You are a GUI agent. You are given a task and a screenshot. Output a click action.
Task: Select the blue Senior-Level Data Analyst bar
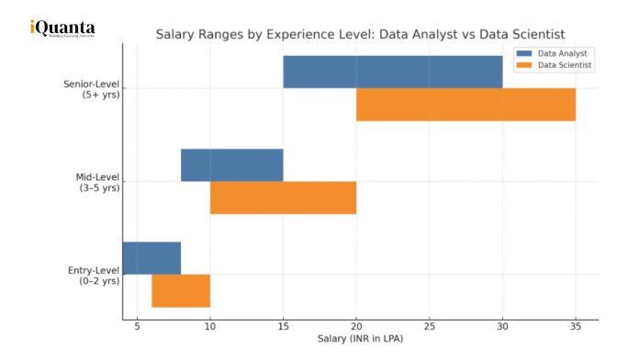point(392,72)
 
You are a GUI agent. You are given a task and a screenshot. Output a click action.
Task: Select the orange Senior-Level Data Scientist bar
point(465,105)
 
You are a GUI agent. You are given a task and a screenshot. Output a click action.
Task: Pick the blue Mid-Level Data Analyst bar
point(231,165)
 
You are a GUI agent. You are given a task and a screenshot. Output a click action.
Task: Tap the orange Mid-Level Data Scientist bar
point(283,197)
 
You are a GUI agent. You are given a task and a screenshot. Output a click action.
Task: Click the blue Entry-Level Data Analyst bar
point(151,258)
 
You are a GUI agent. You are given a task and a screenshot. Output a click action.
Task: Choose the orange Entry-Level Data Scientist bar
point(181,291)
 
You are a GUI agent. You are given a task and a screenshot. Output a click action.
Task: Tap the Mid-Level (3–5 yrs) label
point(96,182)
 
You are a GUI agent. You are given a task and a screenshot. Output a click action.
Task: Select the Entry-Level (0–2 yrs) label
point(94,275)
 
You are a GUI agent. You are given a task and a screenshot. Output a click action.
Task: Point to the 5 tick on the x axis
point(137,327)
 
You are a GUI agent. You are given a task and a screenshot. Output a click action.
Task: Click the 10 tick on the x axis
point(210,327)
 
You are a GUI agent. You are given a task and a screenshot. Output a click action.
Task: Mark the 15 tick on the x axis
point(283,327)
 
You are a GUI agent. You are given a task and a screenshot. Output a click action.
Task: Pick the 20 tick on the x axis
point(356,327)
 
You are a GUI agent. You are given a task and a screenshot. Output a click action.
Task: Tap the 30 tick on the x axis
point(502,327)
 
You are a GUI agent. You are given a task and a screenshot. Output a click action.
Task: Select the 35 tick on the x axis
point(576,327)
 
